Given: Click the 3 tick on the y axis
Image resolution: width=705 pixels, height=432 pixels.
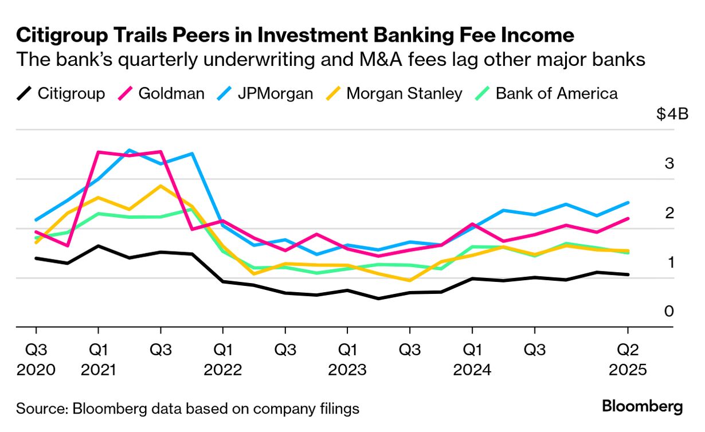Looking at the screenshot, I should coord(669,164).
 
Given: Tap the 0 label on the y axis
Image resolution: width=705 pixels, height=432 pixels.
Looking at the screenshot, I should coord(669,312).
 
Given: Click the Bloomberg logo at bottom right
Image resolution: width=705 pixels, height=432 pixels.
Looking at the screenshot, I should coord(642,407).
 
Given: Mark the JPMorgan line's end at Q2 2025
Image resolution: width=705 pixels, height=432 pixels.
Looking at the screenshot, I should coord(628,202).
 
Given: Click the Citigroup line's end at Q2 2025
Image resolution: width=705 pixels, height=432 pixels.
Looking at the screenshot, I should coord(628,274).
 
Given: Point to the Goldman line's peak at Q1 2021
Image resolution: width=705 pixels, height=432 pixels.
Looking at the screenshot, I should coord(99,152).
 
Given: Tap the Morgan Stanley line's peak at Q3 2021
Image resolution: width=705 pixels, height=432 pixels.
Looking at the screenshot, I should coord(160,186).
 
